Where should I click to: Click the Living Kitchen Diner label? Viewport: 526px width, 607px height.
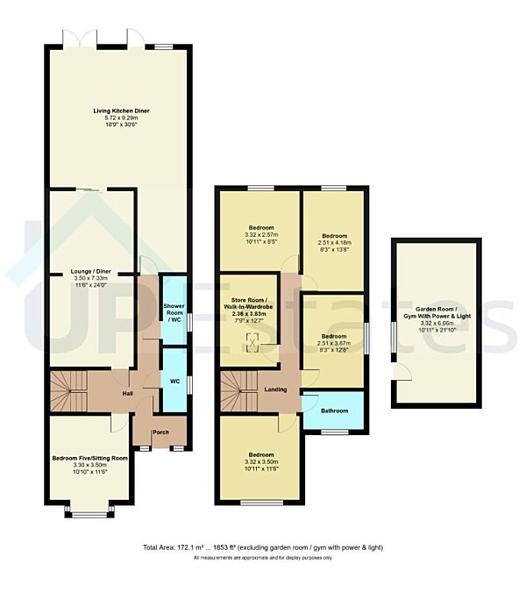click(119, 111)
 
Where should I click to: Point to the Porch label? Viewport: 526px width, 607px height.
click(160, 432)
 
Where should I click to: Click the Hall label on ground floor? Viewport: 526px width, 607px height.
click(126, 395)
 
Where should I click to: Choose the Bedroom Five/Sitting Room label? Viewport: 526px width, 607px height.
click(89, 459)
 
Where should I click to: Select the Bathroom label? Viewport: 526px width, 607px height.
click(333, 411)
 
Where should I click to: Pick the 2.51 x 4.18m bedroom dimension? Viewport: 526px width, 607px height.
click(333, 243)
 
